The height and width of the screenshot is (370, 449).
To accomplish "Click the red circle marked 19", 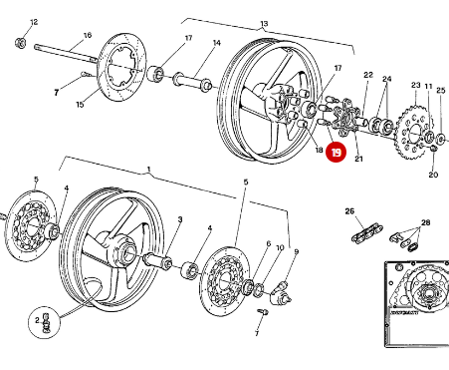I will click(x=337, y=154).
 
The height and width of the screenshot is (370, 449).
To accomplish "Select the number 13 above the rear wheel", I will click(x=264, y=24).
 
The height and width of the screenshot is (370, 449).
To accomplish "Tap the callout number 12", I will click(x=35, y=21).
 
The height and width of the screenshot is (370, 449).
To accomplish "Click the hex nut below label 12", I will click(x=22, y=43).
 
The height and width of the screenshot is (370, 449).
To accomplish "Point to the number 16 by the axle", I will click(x=87, y=36).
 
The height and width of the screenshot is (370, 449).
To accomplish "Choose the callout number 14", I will click(x=216, y=43).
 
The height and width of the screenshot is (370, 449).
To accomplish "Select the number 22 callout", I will click(x=367, y=76).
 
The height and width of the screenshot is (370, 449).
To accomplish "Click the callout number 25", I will click(x=441, y=90).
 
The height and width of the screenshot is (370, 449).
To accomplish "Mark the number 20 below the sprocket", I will click(x=433, y=175).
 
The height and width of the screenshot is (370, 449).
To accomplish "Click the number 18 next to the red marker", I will click(x=318, y=152).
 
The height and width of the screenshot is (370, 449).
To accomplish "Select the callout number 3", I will click(x=180, y=218).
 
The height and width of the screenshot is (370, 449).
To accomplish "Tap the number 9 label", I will click(x=295, y=252).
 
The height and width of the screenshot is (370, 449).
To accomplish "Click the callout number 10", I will click(x=280, y=247).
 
